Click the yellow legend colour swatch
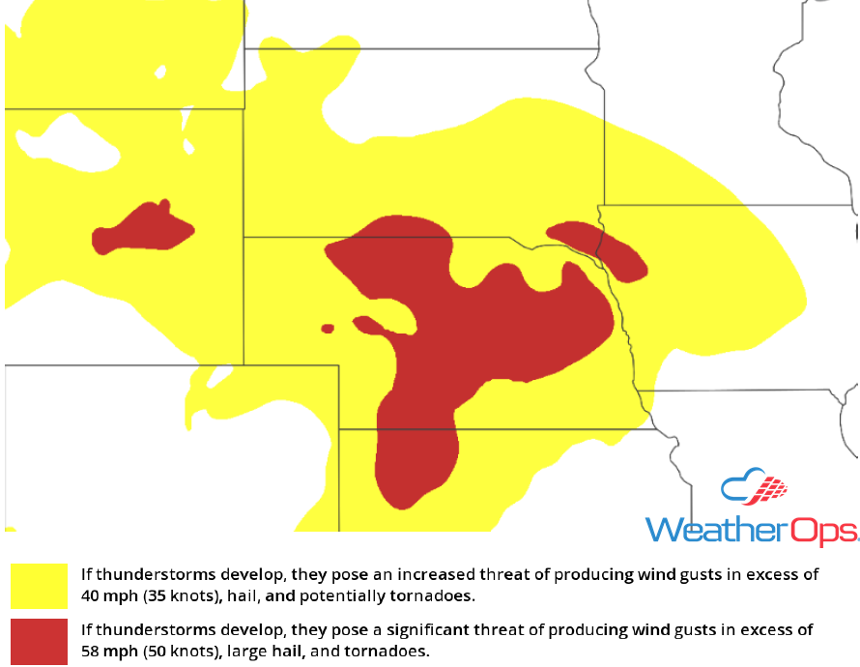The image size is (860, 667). tap(39, 586)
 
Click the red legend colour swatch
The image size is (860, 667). tap(39, 641)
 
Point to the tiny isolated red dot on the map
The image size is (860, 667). tap(328, 329)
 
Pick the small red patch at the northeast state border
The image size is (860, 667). tap(599, 246)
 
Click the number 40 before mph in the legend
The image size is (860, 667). tap(91, 595)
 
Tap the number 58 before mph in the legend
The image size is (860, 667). tap(91, 651)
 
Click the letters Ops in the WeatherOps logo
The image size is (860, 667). tap(824, 529)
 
